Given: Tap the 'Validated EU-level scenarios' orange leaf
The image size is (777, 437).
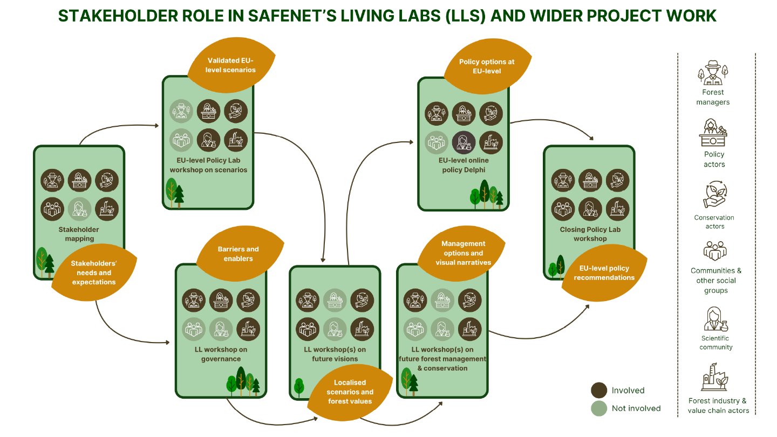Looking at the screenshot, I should click(x=231, y=65).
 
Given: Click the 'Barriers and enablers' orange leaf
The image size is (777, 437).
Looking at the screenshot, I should click(x=238, y=254).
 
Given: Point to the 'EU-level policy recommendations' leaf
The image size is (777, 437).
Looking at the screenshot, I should click(x=604, y=273).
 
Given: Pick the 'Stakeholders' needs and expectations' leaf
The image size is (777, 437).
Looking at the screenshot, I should click(x=94, y=272).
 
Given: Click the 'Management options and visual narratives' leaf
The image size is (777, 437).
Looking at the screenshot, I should click(x=463, y=253).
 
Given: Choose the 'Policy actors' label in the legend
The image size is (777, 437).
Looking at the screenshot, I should click(x=714, y=159).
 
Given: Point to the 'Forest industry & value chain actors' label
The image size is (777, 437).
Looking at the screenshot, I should click(x=718, y=406).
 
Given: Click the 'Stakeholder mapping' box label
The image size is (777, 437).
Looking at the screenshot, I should click(x=79, y=234).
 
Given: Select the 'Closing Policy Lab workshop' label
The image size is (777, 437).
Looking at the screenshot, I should click(x=590, y=234).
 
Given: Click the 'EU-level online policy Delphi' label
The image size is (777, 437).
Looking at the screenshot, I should click(x=464, y=165).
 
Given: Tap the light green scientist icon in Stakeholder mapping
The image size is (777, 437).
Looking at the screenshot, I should click(x=79, y=208).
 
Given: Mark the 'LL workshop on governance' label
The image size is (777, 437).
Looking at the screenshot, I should click(x=221, y=354).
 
